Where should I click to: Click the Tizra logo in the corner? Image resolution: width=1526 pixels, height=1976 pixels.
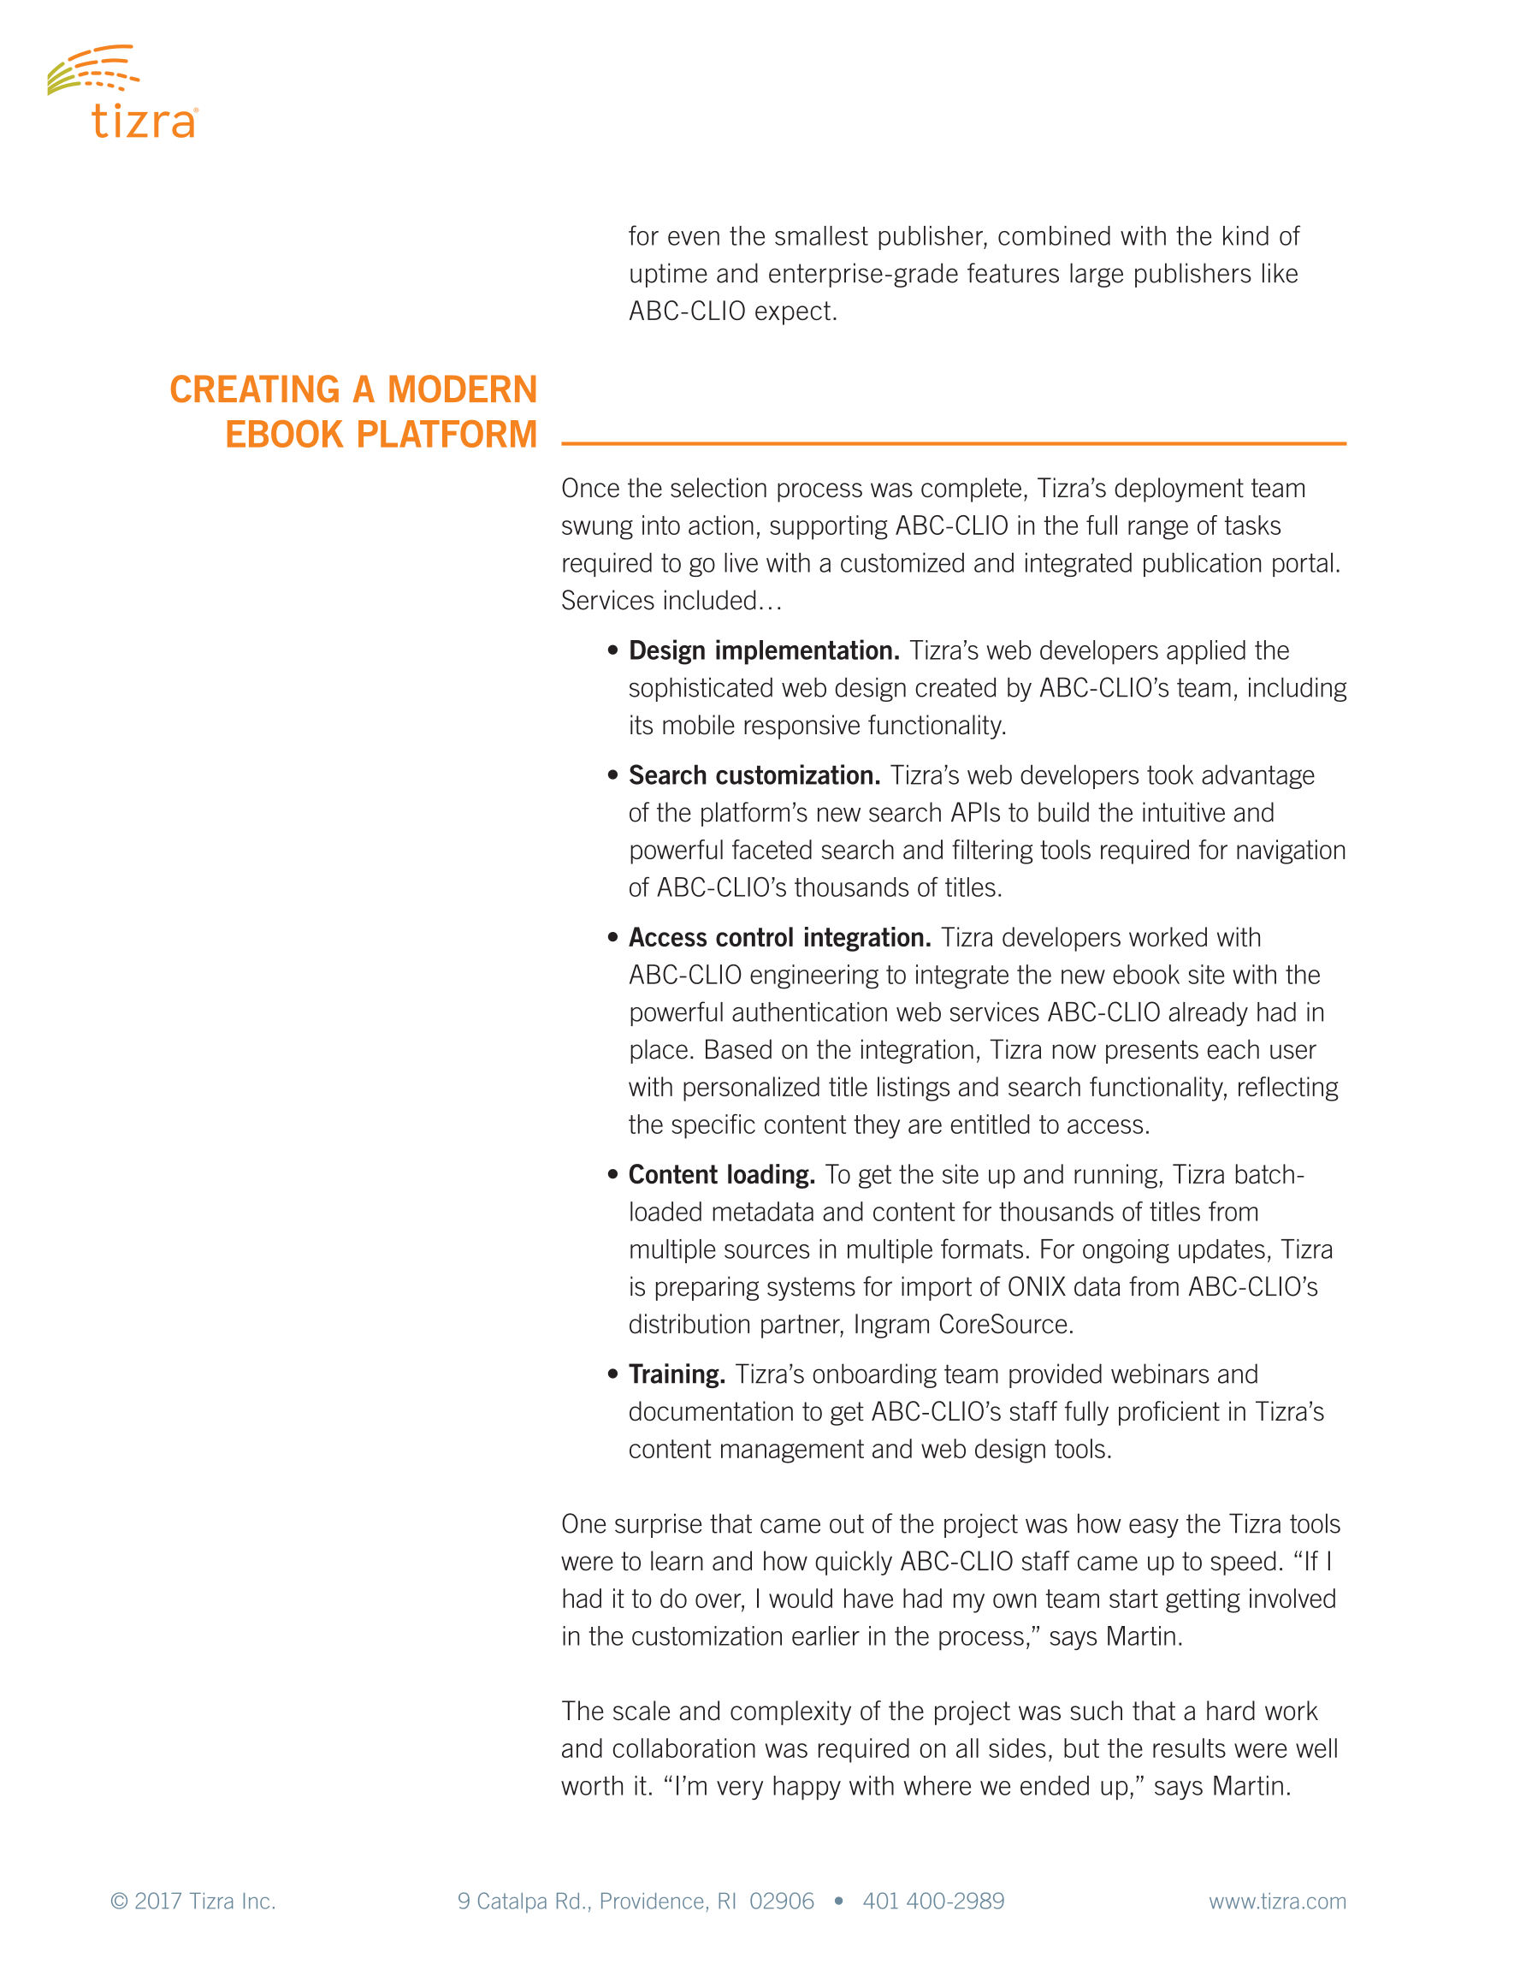(x=122, y=92)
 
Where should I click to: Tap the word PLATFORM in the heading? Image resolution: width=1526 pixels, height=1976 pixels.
(x=447, y=436)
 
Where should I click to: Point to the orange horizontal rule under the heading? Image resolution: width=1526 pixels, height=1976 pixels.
(x=953, y=443)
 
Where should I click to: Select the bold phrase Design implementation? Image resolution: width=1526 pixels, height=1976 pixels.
(x=764, y=650)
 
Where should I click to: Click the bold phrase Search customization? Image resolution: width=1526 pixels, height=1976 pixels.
(x=754, y=775)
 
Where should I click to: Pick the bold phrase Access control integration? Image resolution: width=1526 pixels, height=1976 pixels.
(x=779, y=937)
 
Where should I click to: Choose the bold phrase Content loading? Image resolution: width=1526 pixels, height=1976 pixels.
(x=721, y=1174)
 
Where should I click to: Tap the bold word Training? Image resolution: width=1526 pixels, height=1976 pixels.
(x=677, y=1374)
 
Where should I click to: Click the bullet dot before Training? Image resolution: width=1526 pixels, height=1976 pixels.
(x=612, y=1374)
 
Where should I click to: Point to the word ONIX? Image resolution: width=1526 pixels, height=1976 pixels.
(x=1036, y=1286)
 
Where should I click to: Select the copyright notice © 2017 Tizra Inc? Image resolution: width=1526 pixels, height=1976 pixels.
(x=192, y=1901)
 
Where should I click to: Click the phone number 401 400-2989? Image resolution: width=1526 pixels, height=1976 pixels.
(x=932, y=1901)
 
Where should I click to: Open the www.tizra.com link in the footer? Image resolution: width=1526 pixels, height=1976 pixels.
(x=1276, y=1901)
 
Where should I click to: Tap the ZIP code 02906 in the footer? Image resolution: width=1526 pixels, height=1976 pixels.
(x=781, y=1901)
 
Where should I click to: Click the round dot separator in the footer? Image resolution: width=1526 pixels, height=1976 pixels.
(x=838, y=1901)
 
